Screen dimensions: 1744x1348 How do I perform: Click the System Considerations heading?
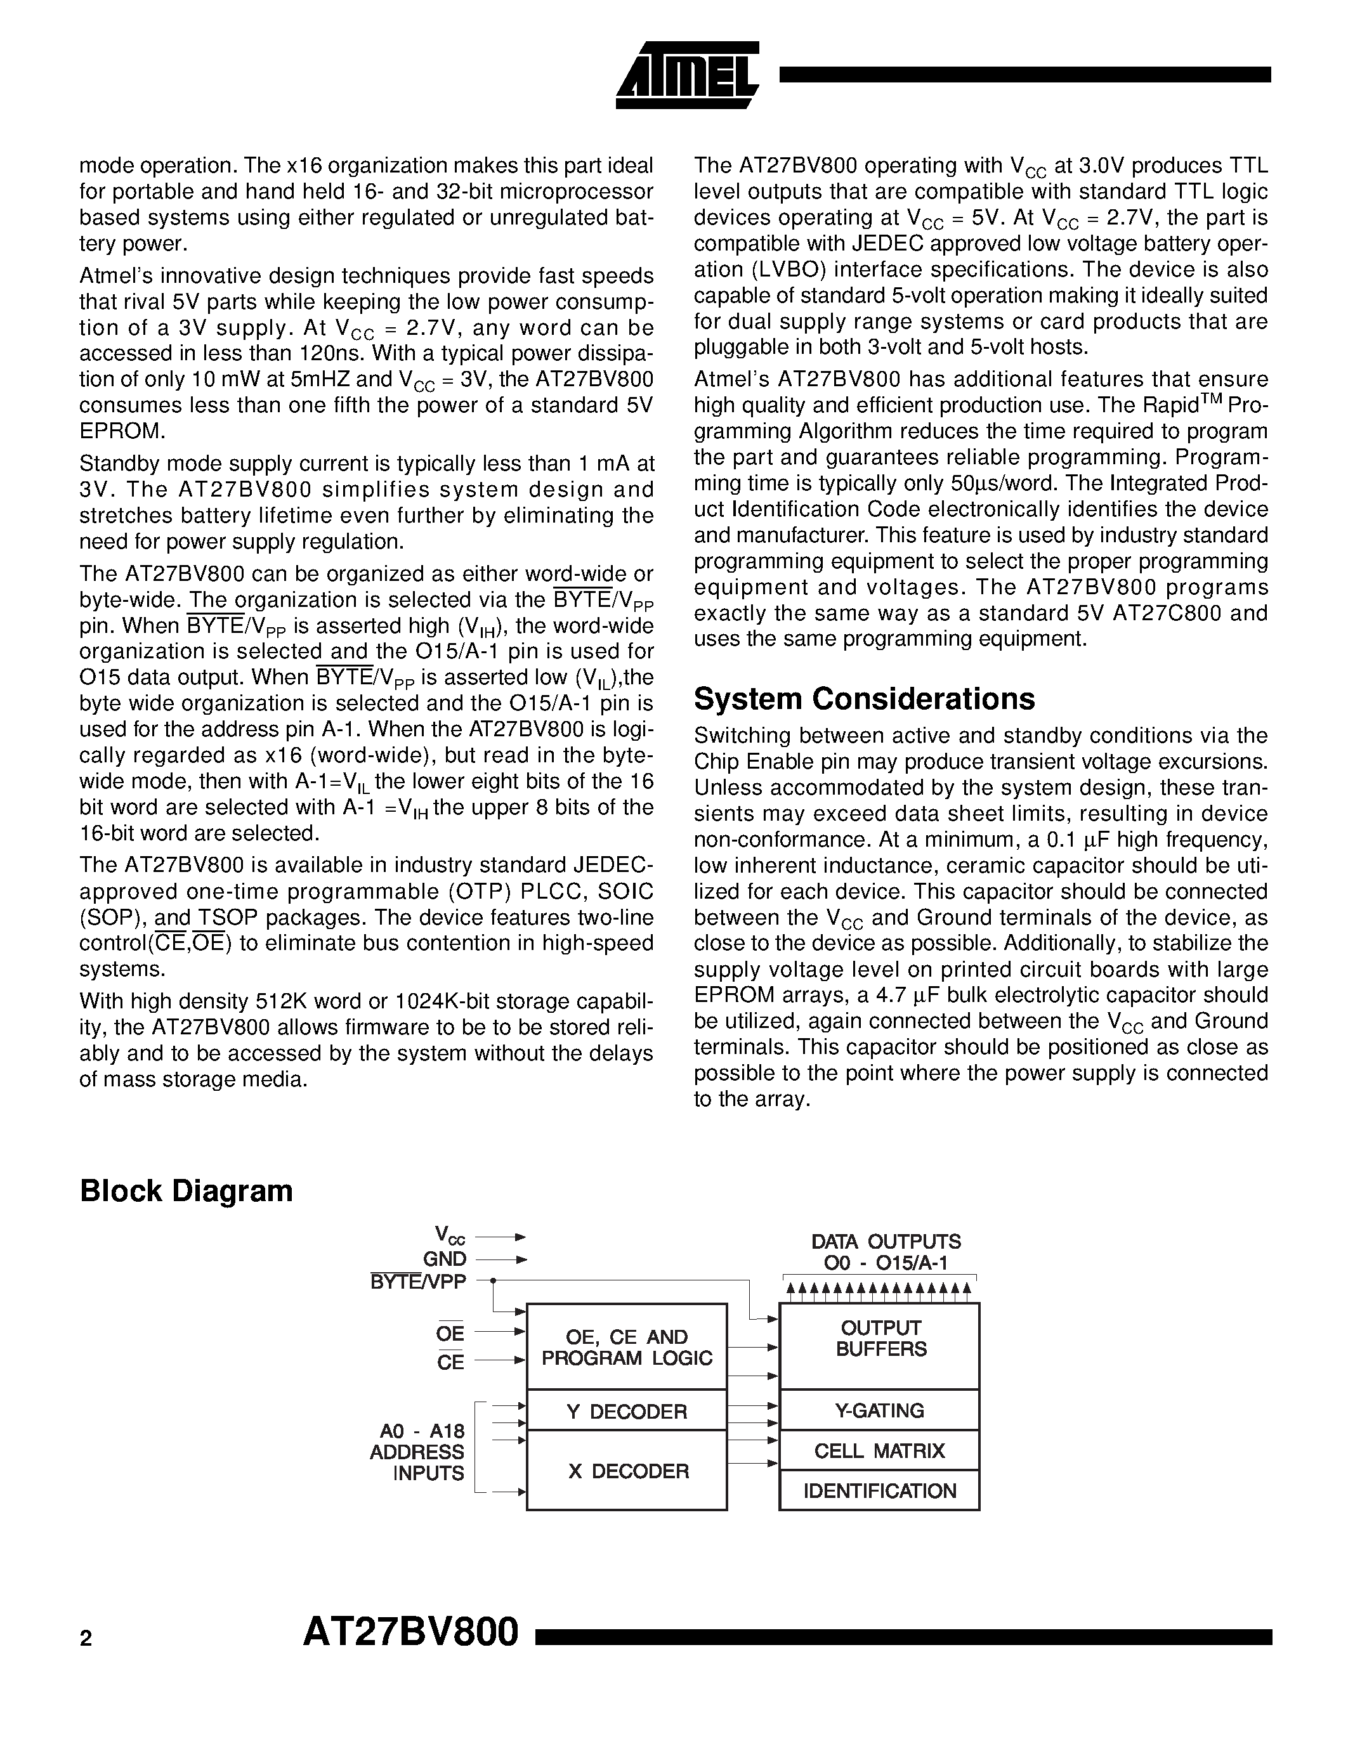point(864,699)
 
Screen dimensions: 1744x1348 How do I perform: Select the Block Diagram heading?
point(186,1190)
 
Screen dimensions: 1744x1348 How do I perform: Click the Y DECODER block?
point(626,1411)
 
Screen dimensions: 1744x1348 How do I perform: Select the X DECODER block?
point(626,1471)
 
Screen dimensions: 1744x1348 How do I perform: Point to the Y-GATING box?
point(879,1410)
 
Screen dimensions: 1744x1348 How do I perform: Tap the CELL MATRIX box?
point(879,1450)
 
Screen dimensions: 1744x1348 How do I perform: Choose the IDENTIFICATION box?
point(879,1491)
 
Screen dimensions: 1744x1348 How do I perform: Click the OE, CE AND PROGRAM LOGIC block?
point(626,1347)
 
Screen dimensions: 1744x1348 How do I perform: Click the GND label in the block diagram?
point(445,1259)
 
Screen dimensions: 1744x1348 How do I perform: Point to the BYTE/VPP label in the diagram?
point(417,1282)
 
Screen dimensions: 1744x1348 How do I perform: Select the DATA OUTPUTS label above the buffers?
point(886,1242)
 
